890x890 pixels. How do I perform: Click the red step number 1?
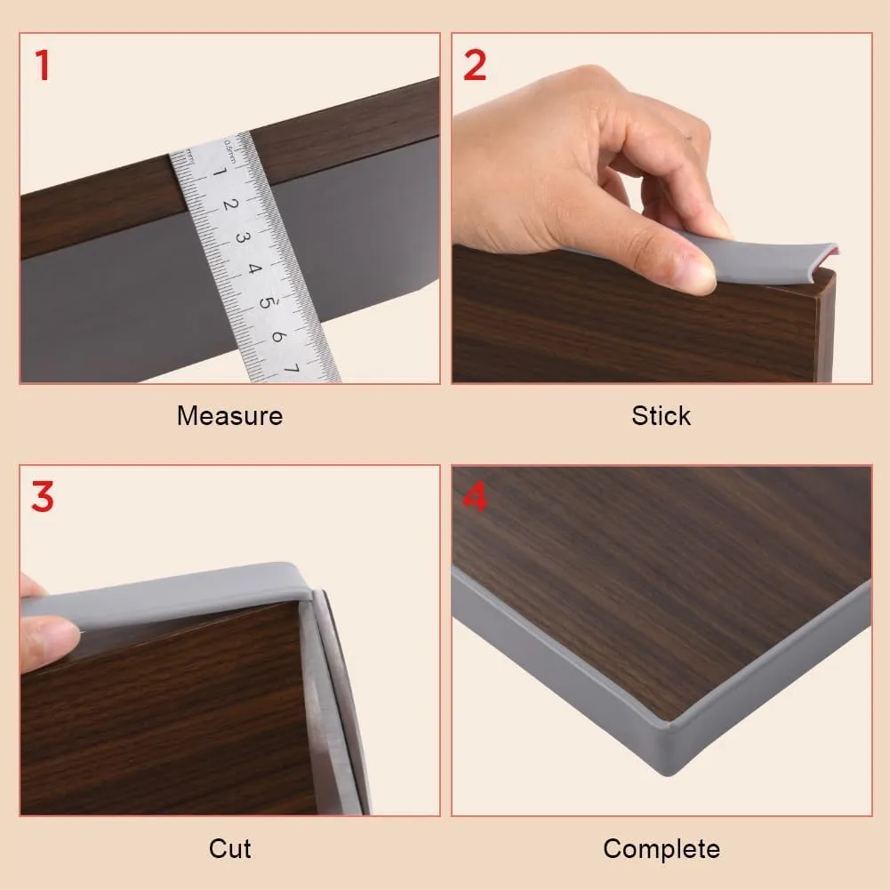click(x=43, y=65)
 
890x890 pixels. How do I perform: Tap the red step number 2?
click(x=475, y=65)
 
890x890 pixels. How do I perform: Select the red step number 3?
click(x=43, y=497)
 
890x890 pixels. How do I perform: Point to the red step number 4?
click(x=475, y=497)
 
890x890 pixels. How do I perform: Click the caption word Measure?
click(x=230, y=416)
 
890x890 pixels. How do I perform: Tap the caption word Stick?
click(x=661, y=416)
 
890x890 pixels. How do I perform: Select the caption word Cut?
click(x=230, y=848)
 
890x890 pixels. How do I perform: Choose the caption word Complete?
click(x=661, y=850)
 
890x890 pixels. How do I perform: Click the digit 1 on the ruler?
click(x=220, y=172)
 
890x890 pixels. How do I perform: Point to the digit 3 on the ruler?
click(x=242, y=237)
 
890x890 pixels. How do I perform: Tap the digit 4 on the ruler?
click(x=253, y=269)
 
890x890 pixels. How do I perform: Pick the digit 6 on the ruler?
click(x=277, y=336)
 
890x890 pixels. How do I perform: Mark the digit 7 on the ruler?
click(x=291, y=369)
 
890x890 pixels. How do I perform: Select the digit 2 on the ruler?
click(x=230, y=204)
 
